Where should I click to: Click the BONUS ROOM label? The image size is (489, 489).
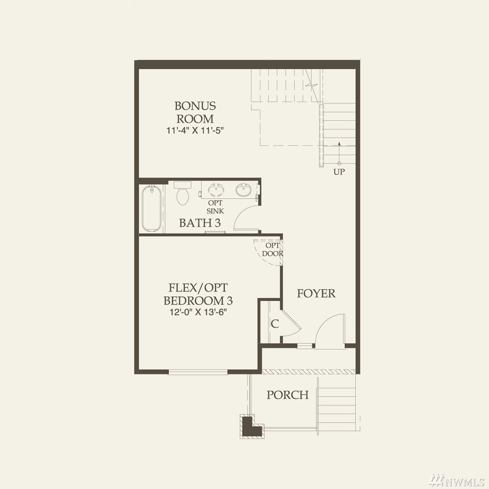pyautogui.click(x=195, y=112)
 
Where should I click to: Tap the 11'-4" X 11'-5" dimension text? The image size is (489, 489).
pyautogui.click(x=196, y=130)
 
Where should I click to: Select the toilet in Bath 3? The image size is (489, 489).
pyautogui.click(x=182, y=193)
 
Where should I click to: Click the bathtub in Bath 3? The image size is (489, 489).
pyautogui.click(x=152, y=208)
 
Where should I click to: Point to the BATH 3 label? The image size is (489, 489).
pyautogui.click(x=200, y=223)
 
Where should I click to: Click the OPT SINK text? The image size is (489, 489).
pyautogui.click(x=215, y=207)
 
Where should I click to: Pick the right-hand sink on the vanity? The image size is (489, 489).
pyautogui.click(x=244, y=190)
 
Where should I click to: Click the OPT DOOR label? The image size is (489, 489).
pyautogui.click(x=273, y=250)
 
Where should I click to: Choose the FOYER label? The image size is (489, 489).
pyautogui.click(x=316, y=293)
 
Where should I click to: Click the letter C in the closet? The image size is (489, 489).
pyautogui.click(x=275, y=324)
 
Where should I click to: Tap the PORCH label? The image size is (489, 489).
pyautogui.click(x=287, y=395)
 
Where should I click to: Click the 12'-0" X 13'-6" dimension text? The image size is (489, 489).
pyautogui.click(x=198, y=312)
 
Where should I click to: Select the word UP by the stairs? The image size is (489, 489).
pyautogui.click(x=339, y=172)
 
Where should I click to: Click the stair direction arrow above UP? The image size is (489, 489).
pyautogui.click(x=339, y=153)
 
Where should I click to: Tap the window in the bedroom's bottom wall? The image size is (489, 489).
pyautogui.click(x=198, y=372)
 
